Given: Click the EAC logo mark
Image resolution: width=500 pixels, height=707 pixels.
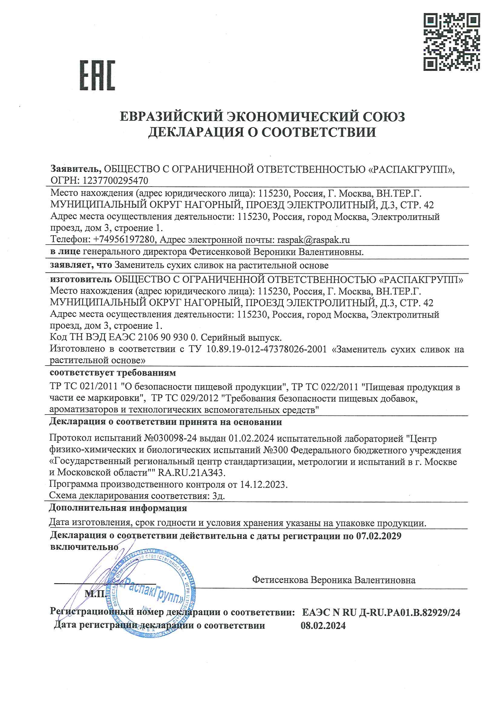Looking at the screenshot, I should click(x=97, y=75).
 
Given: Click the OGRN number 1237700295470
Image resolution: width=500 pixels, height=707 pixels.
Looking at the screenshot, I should click(x=115, y=181).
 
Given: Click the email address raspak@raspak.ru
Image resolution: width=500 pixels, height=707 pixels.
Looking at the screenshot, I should click(x=313, y=239).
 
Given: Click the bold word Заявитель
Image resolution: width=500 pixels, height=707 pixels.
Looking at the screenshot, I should click(x=76, y=169).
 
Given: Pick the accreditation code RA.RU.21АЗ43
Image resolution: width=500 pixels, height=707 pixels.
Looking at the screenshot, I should click(x=191, y=472).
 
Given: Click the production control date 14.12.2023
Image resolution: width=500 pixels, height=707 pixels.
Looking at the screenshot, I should click(x=263, y=484).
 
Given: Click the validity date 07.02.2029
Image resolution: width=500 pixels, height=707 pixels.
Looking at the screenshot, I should click(x=379, y=536).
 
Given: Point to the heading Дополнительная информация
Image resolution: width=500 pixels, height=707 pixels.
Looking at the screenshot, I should click(x=118, y=508).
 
